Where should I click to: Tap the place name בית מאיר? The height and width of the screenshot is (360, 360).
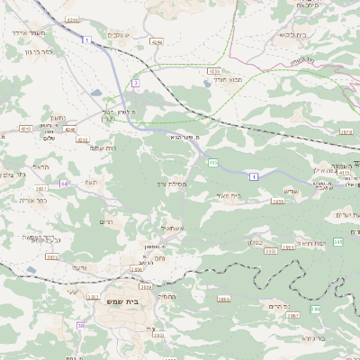pyautogui.click(x=230, y=195)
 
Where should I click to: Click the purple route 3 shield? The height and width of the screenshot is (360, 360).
pyautogui.click(x=135, y=83)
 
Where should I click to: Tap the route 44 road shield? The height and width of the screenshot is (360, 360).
pyautogui.click(x=64, y=184)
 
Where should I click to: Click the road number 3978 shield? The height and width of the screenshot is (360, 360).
pyautogui.click(x=346, y=132)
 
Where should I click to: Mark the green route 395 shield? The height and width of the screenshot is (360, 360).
pyautogui.click(x=337, y=242)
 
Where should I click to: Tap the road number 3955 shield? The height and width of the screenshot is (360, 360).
pyautogui.click(x=278, y=202)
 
